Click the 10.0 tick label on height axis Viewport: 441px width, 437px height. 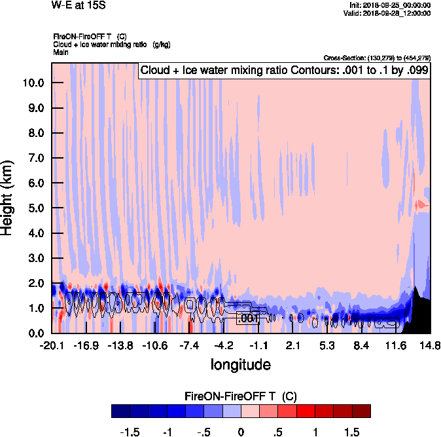pyautogui.click(x=33, y=83)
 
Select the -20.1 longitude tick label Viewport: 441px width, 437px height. pyautogui.click(x=52, y=345)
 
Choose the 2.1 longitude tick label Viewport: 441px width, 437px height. pyautogui.click(x=293, y=345)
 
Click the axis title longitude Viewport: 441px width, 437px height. pyautogui.click(x=240, y=364)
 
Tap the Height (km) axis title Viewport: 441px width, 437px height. pyautogui.click(x=8, y=197)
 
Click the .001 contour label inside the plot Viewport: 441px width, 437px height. pyautogui.click(x=249, y=318)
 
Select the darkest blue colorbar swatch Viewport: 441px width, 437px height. pyautogui.click(x=120, y=411)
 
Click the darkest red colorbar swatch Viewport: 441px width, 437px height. pyautogui.click(x=361, y=411)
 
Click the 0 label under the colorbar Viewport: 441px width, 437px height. pyautogui.click(x=241, y=432)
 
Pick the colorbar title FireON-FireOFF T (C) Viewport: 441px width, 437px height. pyautogui.click(x=241, y=396)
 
